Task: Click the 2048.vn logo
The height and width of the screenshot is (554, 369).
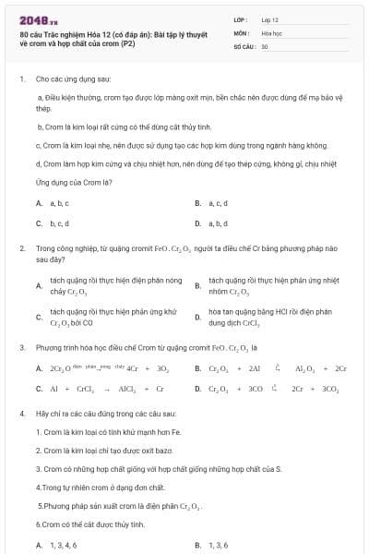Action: click(x=34, y=19)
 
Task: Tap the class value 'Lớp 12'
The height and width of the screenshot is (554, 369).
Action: click(x=269, y=18)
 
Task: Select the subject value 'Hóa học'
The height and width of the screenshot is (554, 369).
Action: click(x=271, y=31)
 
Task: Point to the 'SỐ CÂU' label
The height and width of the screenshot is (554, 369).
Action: click(x=243, y=45)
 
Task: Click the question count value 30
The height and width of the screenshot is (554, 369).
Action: click(x=265, y=45)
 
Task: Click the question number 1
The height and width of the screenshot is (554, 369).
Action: click(x=21, y=79)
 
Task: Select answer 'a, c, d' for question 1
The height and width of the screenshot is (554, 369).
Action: click(x=218, y=202)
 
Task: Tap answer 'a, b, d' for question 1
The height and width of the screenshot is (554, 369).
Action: click(x=219, y=223)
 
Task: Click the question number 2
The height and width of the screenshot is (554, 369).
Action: click(x=21, y=249)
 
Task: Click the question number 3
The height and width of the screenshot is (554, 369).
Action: click(x=21, y=347)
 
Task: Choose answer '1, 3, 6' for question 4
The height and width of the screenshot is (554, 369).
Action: click(x=218, y=545)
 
